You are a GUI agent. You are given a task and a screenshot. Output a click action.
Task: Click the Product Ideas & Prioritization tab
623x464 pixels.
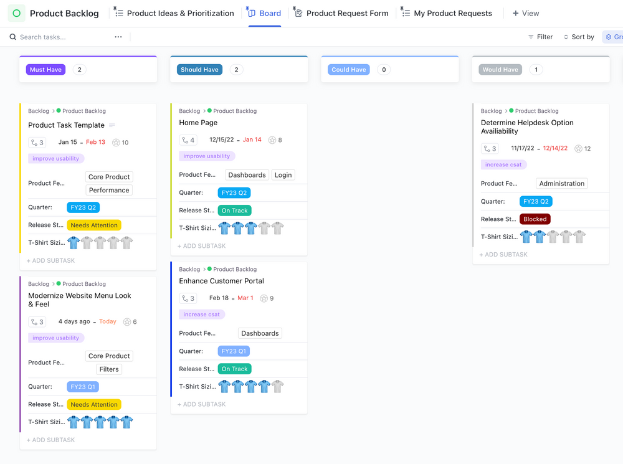(x=180, y=13)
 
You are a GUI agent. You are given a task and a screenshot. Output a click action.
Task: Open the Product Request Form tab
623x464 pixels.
(x=347, y=13)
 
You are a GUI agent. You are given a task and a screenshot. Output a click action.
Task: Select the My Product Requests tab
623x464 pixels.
(x=452, y=13)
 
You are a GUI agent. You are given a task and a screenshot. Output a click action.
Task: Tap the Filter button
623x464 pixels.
(x=540, y=37)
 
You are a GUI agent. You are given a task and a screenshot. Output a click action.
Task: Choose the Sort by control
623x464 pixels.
(x=579, y=37)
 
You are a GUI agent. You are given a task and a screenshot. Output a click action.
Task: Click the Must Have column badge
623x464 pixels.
(x=45, y=70)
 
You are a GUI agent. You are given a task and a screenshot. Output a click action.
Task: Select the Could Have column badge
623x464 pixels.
(x=348, y=70)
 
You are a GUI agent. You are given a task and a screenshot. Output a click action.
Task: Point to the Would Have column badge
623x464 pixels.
(x=500, y=70)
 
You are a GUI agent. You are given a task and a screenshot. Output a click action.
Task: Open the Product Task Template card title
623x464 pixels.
(x=66, y=125)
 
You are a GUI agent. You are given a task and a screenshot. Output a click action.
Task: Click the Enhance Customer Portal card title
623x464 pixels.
(x=221, y=281)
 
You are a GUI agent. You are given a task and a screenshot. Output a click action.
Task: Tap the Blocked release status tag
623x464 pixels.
(x=535, y=219)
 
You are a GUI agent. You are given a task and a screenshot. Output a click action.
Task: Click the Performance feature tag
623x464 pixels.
(x=109, y=191)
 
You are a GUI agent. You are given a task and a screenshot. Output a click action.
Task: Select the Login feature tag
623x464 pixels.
(x=283, y=175)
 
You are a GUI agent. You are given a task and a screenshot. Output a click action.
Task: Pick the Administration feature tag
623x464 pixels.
(x=561, y=184)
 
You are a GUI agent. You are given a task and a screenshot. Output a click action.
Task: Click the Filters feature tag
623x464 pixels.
(x=109, y=369)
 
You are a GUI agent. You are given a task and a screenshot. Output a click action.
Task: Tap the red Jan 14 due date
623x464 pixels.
(x=252, y=140)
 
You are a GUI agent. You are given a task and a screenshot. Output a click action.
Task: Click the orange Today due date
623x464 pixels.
(x=108, y=322)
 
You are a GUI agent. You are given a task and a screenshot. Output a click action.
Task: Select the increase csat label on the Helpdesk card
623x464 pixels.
(x=503, y=165)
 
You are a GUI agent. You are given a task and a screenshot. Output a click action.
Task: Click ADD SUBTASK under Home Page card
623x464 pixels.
(x=201, y=246)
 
